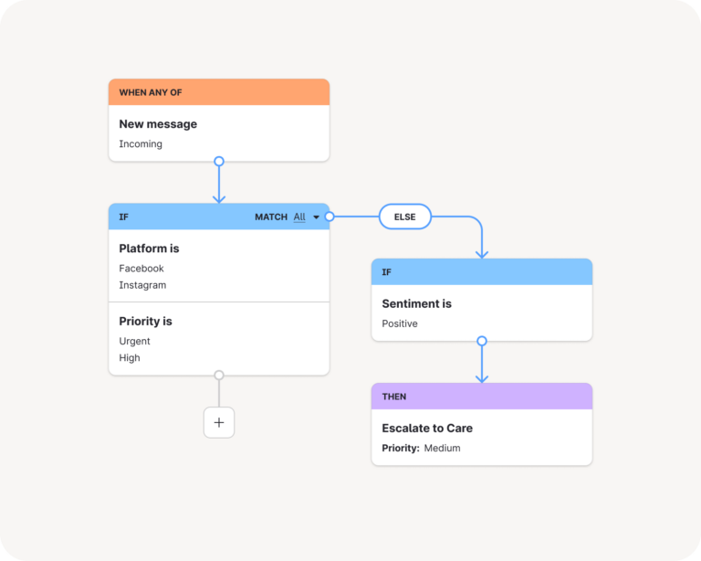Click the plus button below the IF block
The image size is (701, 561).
(x=219, y=422)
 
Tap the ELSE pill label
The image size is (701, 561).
(x=404, y=217)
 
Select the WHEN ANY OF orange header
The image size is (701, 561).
(x=218, y=92)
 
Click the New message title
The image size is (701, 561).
(x=158, y=124)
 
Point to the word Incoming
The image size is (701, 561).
(x=141, y=144)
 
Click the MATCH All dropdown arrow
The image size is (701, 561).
(x=317, y=217)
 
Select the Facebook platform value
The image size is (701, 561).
(x=141, y=269)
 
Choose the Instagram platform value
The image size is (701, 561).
(x=142, y=285)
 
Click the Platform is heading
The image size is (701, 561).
(x=149, y=249)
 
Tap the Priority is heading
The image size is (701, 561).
(x=145, y=322)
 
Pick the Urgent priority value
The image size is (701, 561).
(x=134, y=342)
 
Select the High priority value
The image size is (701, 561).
(x=130, y=358)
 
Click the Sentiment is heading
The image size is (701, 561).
(x=416, y=304)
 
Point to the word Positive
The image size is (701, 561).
(x=400, y=324)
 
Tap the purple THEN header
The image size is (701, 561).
(x=481, y=397)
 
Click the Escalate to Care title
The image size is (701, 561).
(x=427, y=429)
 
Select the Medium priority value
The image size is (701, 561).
(x=442, y=449)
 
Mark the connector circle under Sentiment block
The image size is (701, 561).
(x=482, y=341)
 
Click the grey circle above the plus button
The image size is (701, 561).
(x=219, y=375)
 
